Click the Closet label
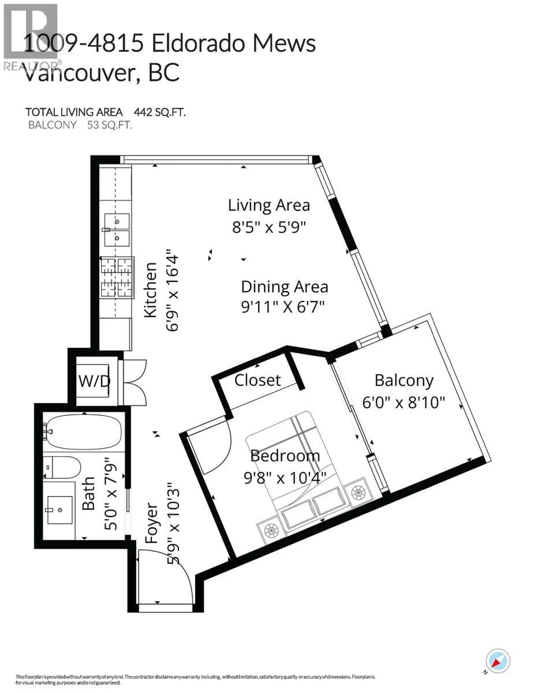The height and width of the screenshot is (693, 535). (x=257, y=380)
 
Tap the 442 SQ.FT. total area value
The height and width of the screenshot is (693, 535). (x=160, y=112)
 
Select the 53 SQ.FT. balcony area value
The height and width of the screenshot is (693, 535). (x=109, y=125)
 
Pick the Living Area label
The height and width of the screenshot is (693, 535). (x=269, y=205)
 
